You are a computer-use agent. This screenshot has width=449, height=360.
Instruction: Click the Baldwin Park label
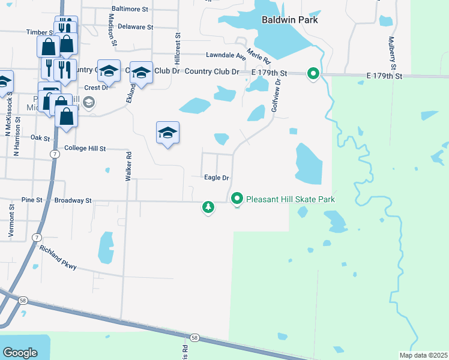pos(289,20)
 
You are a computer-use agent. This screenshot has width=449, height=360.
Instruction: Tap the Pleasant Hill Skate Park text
pos(291,199)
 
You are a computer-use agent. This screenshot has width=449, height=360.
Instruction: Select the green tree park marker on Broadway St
pos(208,207)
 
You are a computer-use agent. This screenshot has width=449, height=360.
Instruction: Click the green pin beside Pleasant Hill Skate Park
pos(237,198)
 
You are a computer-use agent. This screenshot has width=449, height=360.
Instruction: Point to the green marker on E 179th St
pos(313,74)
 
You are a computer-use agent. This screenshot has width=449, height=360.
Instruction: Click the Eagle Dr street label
pos(217,178)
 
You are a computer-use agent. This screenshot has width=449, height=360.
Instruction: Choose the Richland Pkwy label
pos(58,257)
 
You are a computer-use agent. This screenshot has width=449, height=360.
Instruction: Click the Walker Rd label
pos(128,167)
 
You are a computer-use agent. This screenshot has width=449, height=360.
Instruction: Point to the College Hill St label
pos(85,148)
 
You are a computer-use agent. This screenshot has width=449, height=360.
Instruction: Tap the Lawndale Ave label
pos(226,55)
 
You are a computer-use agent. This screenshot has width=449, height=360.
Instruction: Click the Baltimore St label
pos(130,10)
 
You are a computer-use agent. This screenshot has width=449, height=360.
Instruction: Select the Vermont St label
pos(12,221)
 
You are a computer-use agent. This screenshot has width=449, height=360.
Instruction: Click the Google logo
pos(20,352)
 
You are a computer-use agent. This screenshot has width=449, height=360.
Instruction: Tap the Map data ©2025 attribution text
pos(423,355)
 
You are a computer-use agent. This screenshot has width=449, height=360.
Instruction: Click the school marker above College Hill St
pos(168,133)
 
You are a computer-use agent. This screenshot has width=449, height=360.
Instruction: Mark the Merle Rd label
pos(259,56)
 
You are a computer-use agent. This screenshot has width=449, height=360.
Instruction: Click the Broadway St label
pos(73,200)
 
